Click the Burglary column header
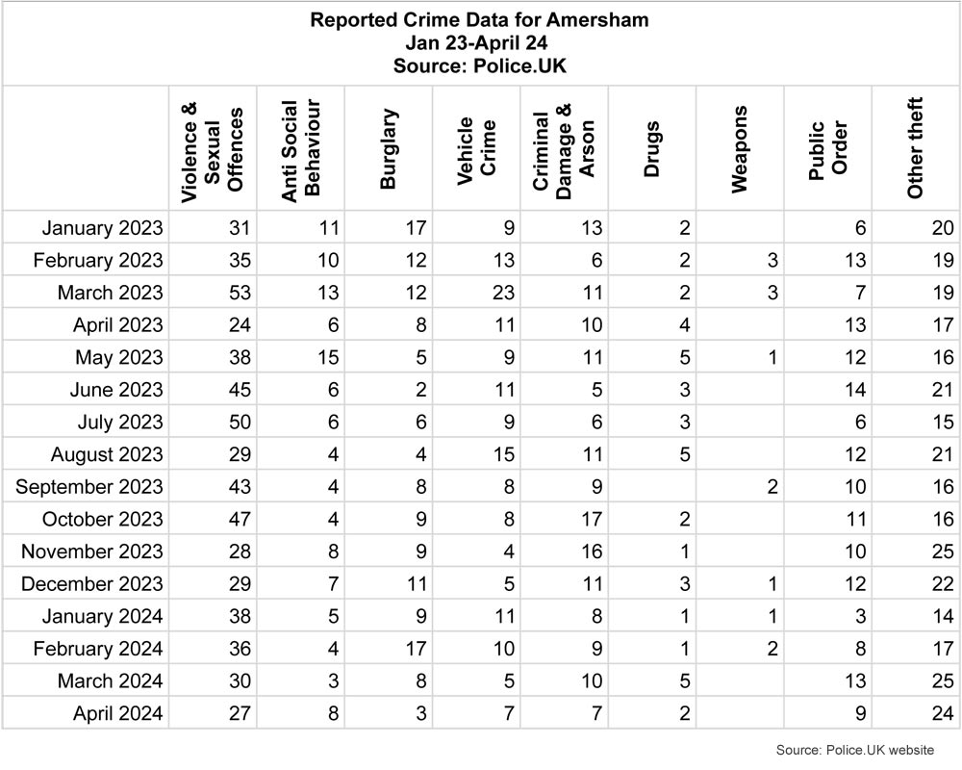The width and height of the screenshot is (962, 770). click(x=389, y=149)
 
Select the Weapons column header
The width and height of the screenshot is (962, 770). click(x=739, y=149)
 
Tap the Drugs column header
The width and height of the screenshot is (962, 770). click(x=651, y=149)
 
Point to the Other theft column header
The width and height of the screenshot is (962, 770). click(x=915, y=148)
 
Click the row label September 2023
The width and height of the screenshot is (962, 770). click(x=89, y=487)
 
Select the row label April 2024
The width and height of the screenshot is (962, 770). click(x=117, y=713)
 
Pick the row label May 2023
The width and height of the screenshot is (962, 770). click(x=119, y=357)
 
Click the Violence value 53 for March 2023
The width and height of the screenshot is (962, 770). click(x=240, y=293)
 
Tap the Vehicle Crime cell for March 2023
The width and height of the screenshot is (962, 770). click(x=503, y=293)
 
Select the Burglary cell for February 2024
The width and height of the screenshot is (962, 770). click(x=416, y=649)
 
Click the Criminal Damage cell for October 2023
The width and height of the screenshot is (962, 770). click(x=592, y=519)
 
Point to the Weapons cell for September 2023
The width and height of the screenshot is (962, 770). click(x=772, y=487)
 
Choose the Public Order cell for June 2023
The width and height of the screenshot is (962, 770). click(x=855, y=390)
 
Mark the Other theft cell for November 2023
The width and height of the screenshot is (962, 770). click(x=943, y=552)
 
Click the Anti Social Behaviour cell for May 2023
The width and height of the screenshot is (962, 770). click(x=328, y=357)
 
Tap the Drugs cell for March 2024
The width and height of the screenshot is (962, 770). click(x=685, y=680)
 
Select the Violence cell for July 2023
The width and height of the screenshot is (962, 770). click(x=240, y=422)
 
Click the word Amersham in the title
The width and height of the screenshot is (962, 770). click(x=597, y=19)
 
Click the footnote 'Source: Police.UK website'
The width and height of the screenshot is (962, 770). click(x=855, y=750)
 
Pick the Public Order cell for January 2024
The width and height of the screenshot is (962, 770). click(x=860, y=616)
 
